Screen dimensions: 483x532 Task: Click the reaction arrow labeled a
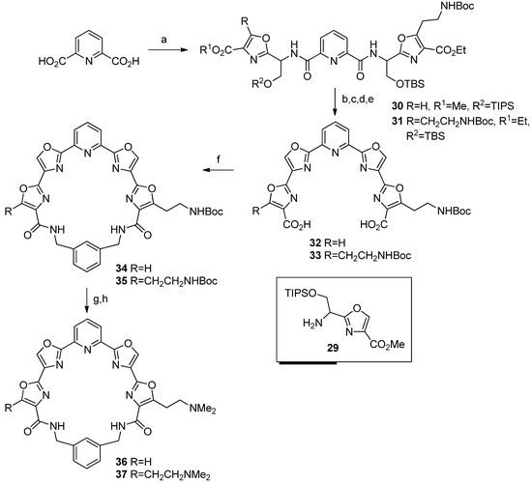[x=168, y=52]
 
